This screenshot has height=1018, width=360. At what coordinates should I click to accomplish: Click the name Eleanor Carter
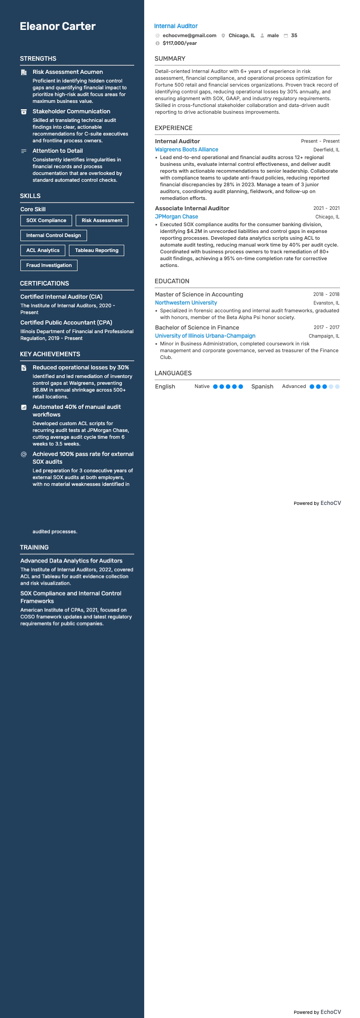pos(58,26)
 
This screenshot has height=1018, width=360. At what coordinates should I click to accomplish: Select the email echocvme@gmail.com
pos(189,35)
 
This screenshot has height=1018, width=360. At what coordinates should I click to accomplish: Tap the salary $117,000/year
pos(180,43)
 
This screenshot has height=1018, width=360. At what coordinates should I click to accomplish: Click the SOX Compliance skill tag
pos(46,220)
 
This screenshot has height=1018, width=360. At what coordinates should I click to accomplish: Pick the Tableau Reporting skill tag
pos(97,250)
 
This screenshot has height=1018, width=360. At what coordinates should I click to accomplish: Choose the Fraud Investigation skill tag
pos(49,265)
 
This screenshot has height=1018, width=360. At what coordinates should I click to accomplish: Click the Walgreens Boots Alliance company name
pos(186,150)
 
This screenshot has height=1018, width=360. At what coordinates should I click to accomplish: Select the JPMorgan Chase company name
pos(176,217)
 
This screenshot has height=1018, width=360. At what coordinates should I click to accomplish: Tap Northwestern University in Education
pos(186,303)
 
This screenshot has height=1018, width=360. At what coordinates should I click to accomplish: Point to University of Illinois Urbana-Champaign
pos(205,336)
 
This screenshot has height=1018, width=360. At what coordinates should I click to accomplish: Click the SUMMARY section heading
pos(170,58)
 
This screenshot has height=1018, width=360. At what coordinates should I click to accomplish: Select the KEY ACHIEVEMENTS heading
pos(50,354)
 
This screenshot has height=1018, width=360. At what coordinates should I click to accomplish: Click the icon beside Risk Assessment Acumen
pos(24,72)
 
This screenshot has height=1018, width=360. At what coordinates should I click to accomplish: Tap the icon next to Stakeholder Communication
pos(24,111)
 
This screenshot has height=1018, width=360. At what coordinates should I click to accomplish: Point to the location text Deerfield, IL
pos(326,150)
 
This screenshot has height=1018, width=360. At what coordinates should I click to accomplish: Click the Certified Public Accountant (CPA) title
pos(66,323)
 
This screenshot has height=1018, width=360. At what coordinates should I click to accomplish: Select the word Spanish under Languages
pos(262,387)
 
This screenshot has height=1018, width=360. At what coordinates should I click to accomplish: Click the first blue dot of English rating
pos(215,387)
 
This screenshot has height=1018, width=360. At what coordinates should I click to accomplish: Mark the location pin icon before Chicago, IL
pos(224,35)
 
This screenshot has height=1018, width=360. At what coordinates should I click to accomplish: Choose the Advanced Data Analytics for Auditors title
pos(71,561)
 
